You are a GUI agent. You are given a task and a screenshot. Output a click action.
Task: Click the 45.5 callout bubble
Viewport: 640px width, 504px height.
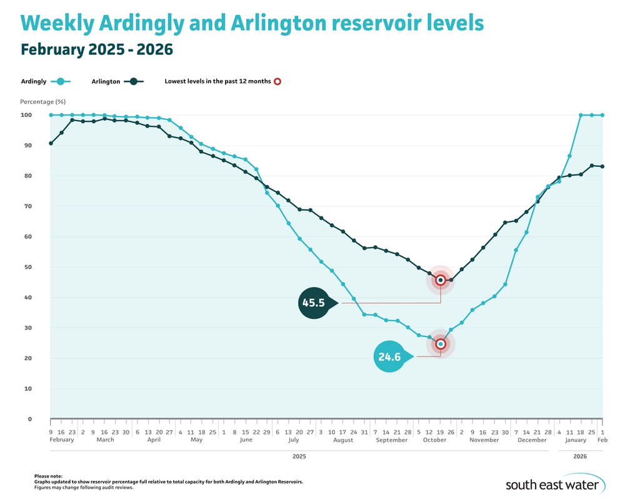tap(314, 303)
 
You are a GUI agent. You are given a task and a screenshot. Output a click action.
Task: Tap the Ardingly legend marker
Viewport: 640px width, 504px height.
tap(60, 81)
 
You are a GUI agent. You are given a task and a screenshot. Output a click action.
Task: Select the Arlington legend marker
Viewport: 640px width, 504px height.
tap(133, 81)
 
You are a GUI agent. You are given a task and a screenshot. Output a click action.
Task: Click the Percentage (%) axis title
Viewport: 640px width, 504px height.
tap(42, 101)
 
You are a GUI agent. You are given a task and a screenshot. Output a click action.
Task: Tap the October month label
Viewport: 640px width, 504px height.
tap(434, 440)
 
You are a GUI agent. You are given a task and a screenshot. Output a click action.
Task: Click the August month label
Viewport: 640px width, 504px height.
tap(343, 440)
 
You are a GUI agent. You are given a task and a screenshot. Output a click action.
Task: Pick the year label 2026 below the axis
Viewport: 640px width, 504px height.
tap(581, 457)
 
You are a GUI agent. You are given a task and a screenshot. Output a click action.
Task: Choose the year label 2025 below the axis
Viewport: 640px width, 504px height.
tap(299, 457)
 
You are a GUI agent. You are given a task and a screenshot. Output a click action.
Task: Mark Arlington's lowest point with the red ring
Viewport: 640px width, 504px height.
tap(441, 280)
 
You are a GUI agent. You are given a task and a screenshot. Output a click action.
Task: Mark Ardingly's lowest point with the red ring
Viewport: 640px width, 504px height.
tap(441, 344)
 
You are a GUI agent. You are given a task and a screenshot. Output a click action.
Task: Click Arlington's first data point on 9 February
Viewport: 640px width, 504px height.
tap(51, 143)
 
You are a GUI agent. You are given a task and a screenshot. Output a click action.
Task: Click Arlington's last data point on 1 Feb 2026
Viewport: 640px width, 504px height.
tap(602, 166)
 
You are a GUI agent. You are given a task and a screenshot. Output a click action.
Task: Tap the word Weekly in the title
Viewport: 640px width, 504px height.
tap(57, 24)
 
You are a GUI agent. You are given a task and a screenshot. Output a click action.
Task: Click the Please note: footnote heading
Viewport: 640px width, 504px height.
tap(49, 476)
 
